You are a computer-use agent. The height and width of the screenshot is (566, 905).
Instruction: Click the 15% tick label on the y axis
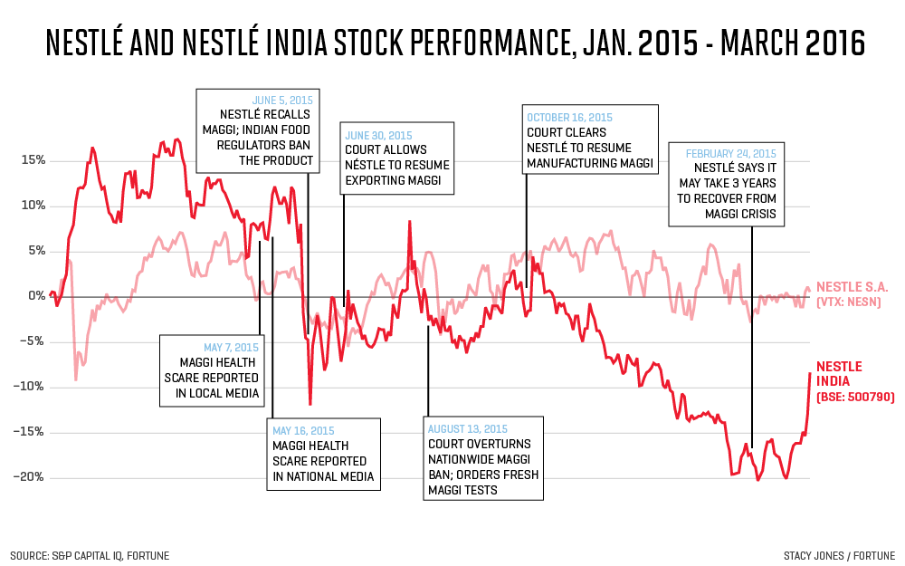(x=33, y=160)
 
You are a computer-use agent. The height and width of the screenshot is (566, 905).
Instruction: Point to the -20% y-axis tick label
(x=30, y=477)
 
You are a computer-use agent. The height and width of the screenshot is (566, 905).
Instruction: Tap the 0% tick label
(x=36, y=296)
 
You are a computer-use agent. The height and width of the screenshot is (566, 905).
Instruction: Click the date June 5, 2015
(x=284, y=100)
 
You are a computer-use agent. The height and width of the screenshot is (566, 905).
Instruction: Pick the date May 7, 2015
(x=231, y=347)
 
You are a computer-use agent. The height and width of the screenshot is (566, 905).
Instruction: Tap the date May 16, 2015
(x=304, y=430)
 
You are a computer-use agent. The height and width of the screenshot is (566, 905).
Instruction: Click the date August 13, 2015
(x=468, y=429)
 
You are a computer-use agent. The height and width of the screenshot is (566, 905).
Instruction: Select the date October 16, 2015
(x=569, y=117)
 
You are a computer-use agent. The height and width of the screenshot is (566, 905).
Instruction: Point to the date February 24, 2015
(x=730, y=153)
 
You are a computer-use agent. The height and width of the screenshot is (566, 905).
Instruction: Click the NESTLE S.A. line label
(x=853, y=286)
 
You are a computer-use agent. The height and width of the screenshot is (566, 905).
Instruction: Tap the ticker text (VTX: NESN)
(x=853, y=302)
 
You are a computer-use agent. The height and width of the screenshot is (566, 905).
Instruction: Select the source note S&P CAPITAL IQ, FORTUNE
(x=90, y=555)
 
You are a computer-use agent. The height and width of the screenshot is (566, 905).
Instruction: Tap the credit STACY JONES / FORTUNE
(x=840, y=555)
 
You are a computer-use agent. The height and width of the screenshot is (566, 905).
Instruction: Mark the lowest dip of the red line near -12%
(x=310, y=404)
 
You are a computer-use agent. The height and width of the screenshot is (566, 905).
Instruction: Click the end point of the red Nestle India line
(x=810, y=373)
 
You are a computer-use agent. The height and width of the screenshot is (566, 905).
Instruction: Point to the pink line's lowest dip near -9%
(x=75, y=379)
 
